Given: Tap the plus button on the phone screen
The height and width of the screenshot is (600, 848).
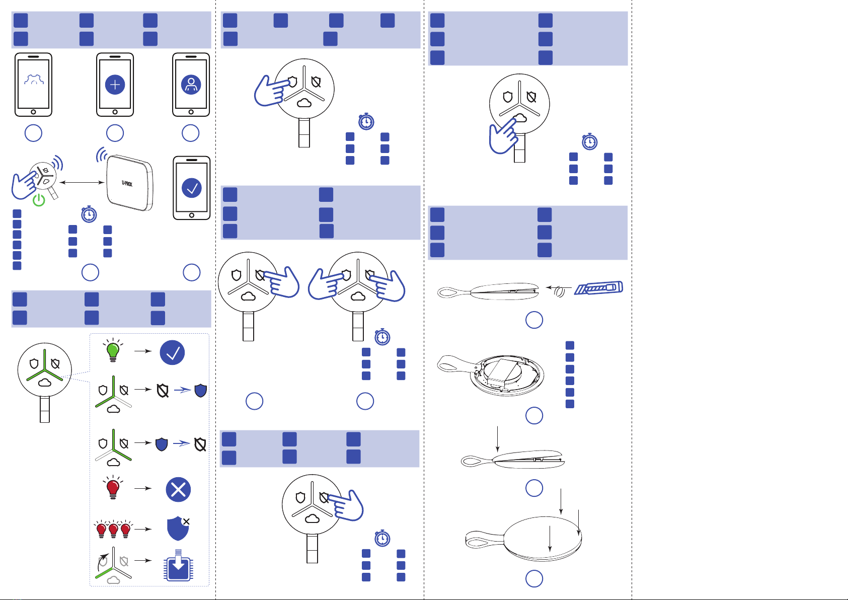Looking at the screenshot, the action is (x=115, y=85).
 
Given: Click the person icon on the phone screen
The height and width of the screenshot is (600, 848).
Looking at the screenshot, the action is (x=191, y=85).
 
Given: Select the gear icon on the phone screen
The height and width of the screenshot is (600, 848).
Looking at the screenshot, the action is (x=34, y=80).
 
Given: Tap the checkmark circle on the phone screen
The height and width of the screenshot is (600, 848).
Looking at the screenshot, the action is (x=192, y=188).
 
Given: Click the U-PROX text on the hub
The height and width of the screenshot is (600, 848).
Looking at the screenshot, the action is (x=127, y=184).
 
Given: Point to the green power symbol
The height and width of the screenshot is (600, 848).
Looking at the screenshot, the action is (x=39, y=200).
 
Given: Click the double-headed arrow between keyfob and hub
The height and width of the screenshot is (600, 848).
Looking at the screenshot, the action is (x=82, y=182).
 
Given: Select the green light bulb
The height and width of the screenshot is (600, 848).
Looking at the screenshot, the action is (x=113, y=350).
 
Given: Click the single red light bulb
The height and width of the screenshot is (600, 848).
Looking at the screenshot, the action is (x=113, y=488).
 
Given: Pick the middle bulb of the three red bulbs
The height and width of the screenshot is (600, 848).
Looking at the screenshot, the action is (x=114, y=529).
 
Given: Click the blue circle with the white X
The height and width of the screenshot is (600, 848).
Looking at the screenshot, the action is (x=178, y=489).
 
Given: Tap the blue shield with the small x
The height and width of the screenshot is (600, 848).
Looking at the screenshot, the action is (x=178, y=528).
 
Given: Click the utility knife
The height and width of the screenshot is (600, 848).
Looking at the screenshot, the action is (x=598, y=288).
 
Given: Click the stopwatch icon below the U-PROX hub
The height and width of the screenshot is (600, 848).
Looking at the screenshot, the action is (x=89, y=214).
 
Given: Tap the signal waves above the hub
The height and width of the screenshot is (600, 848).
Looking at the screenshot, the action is (x=102, y=155).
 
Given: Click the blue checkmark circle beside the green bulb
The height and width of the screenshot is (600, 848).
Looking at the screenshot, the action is (x=172, y=352).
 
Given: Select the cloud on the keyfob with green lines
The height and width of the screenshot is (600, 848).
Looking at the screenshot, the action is (x=45, y=383).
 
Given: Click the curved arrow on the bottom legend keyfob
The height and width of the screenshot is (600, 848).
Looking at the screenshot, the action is (x=102, y=562).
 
